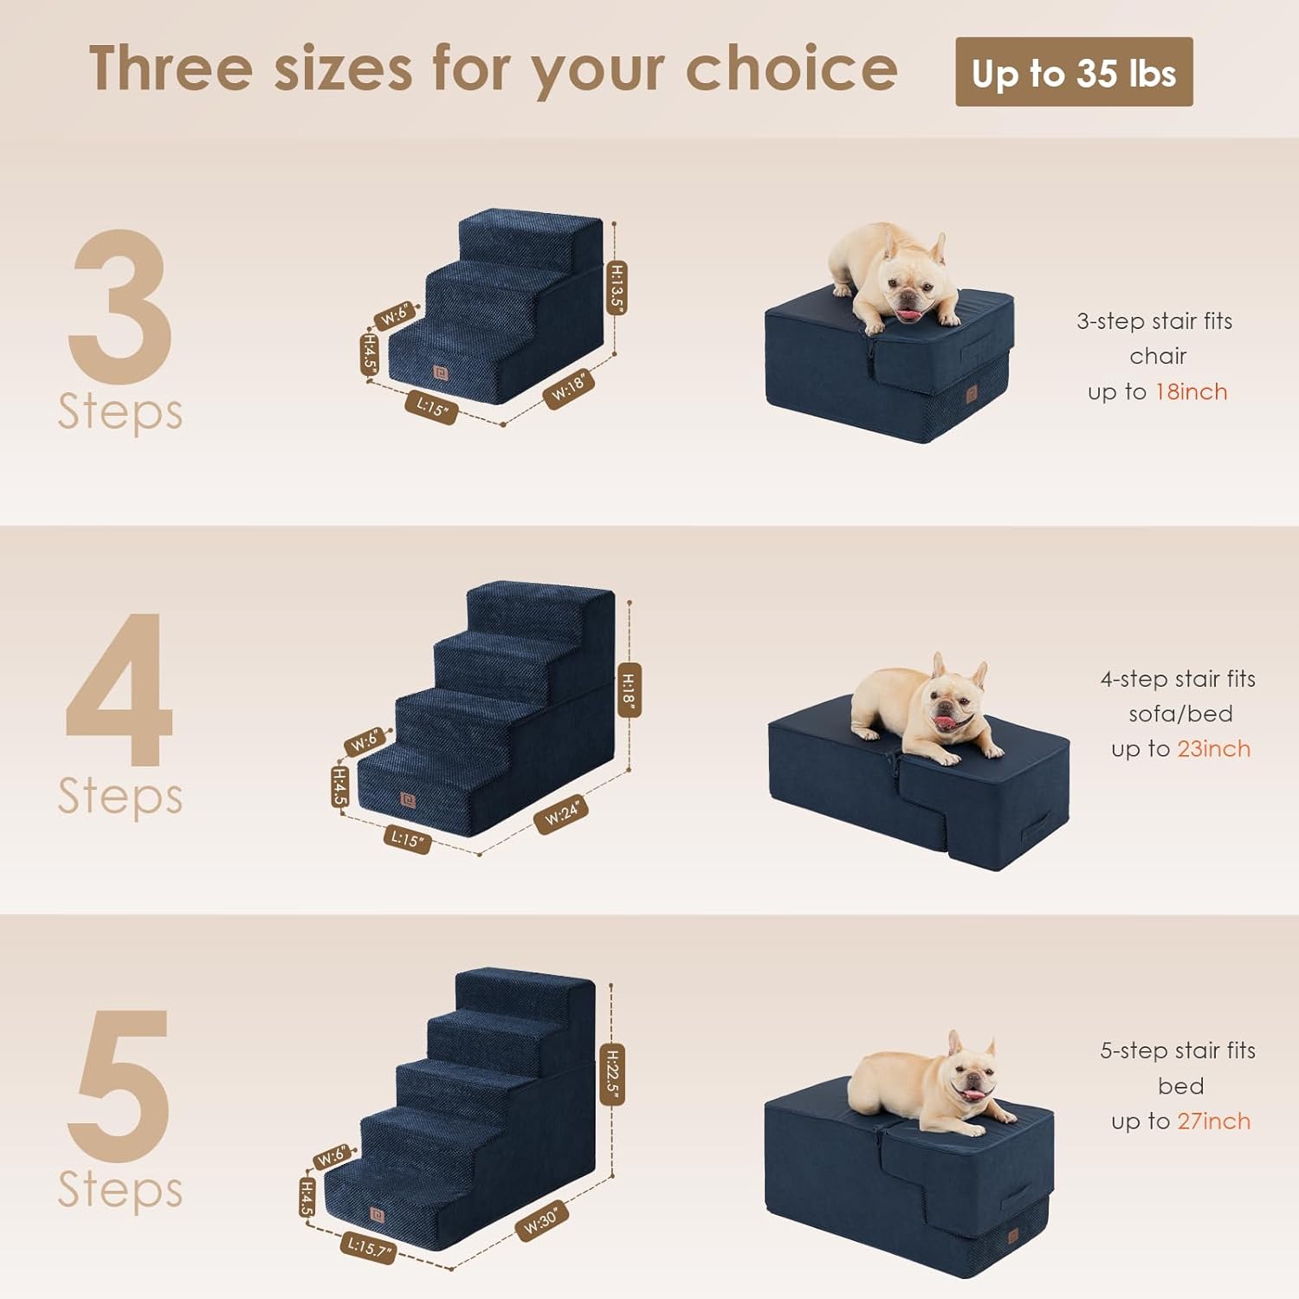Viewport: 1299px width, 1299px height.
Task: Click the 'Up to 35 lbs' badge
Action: pos(1073,73)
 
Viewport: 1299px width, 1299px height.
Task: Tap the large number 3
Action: pos(120,307)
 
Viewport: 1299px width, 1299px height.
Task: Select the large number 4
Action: pos(120,690)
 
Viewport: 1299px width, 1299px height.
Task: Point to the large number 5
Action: pos(120,1086)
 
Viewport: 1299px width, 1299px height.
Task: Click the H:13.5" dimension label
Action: pos(616,287)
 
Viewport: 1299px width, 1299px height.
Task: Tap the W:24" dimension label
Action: pos(562,814)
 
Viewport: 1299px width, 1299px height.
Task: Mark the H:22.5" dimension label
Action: pos(612,1074)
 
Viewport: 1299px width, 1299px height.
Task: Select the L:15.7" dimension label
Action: pos(369,1247)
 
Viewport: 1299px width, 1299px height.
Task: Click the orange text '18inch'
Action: pos(1191,392)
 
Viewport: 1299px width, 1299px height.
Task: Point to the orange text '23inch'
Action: pos(1213,749)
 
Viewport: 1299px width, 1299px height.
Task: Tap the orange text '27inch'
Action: pos(1213,1121)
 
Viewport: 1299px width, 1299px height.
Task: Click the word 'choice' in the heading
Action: pos(792,69)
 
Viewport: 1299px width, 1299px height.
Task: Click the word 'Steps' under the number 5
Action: pos(120,1190)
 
